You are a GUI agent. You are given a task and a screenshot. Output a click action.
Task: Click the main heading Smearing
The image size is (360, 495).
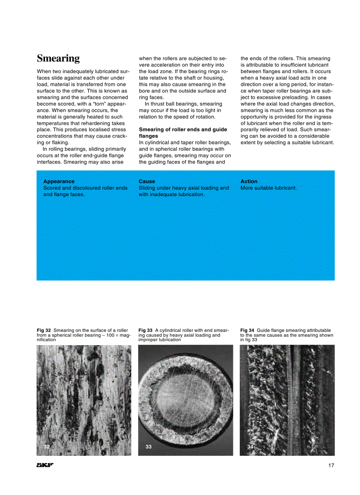point(58,59)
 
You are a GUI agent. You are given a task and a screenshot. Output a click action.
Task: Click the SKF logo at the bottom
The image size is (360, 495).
point(45,465)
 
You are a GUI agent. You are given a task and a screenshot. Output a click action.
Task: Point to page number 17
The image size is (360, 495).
point(331,465)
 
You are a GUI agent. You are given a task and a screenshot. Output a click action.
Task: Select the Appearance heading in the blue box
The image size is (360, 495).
point(59,181)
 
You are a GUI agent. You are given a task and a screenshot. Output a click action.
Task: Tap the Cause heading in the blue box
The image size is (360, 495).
point(147,181)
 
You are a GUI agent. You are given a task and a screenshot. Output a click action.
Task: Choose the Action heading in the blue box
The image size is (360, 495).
point(249,181)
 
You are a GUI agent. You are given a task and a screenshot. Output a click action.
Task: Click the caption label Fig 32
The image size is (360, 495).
point(44,330)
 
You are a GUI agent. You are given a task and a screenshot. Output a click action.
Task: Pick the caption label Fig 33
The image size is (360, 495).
point(145,330)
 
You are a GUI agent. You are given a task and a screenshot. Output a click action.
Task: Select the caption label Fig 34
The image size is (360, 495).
point(247,330)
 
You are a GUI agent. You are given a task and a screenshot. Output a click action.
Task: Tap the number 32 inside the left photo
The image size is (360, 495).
point(47,447)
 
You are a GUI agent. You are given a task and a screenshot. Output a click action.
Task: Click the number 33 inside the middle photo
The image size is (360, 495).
point(149,447)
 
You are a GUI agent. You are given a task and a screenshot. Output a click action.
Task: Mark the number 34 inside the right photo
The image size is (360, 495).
point(250,447)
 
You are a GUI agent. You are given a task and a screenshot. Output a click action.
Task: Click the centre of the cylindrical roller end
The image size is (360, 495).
point(185,399)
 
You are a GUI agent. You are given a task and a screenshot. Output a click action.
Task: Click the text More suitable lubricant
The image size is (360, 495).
point(268,188)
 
